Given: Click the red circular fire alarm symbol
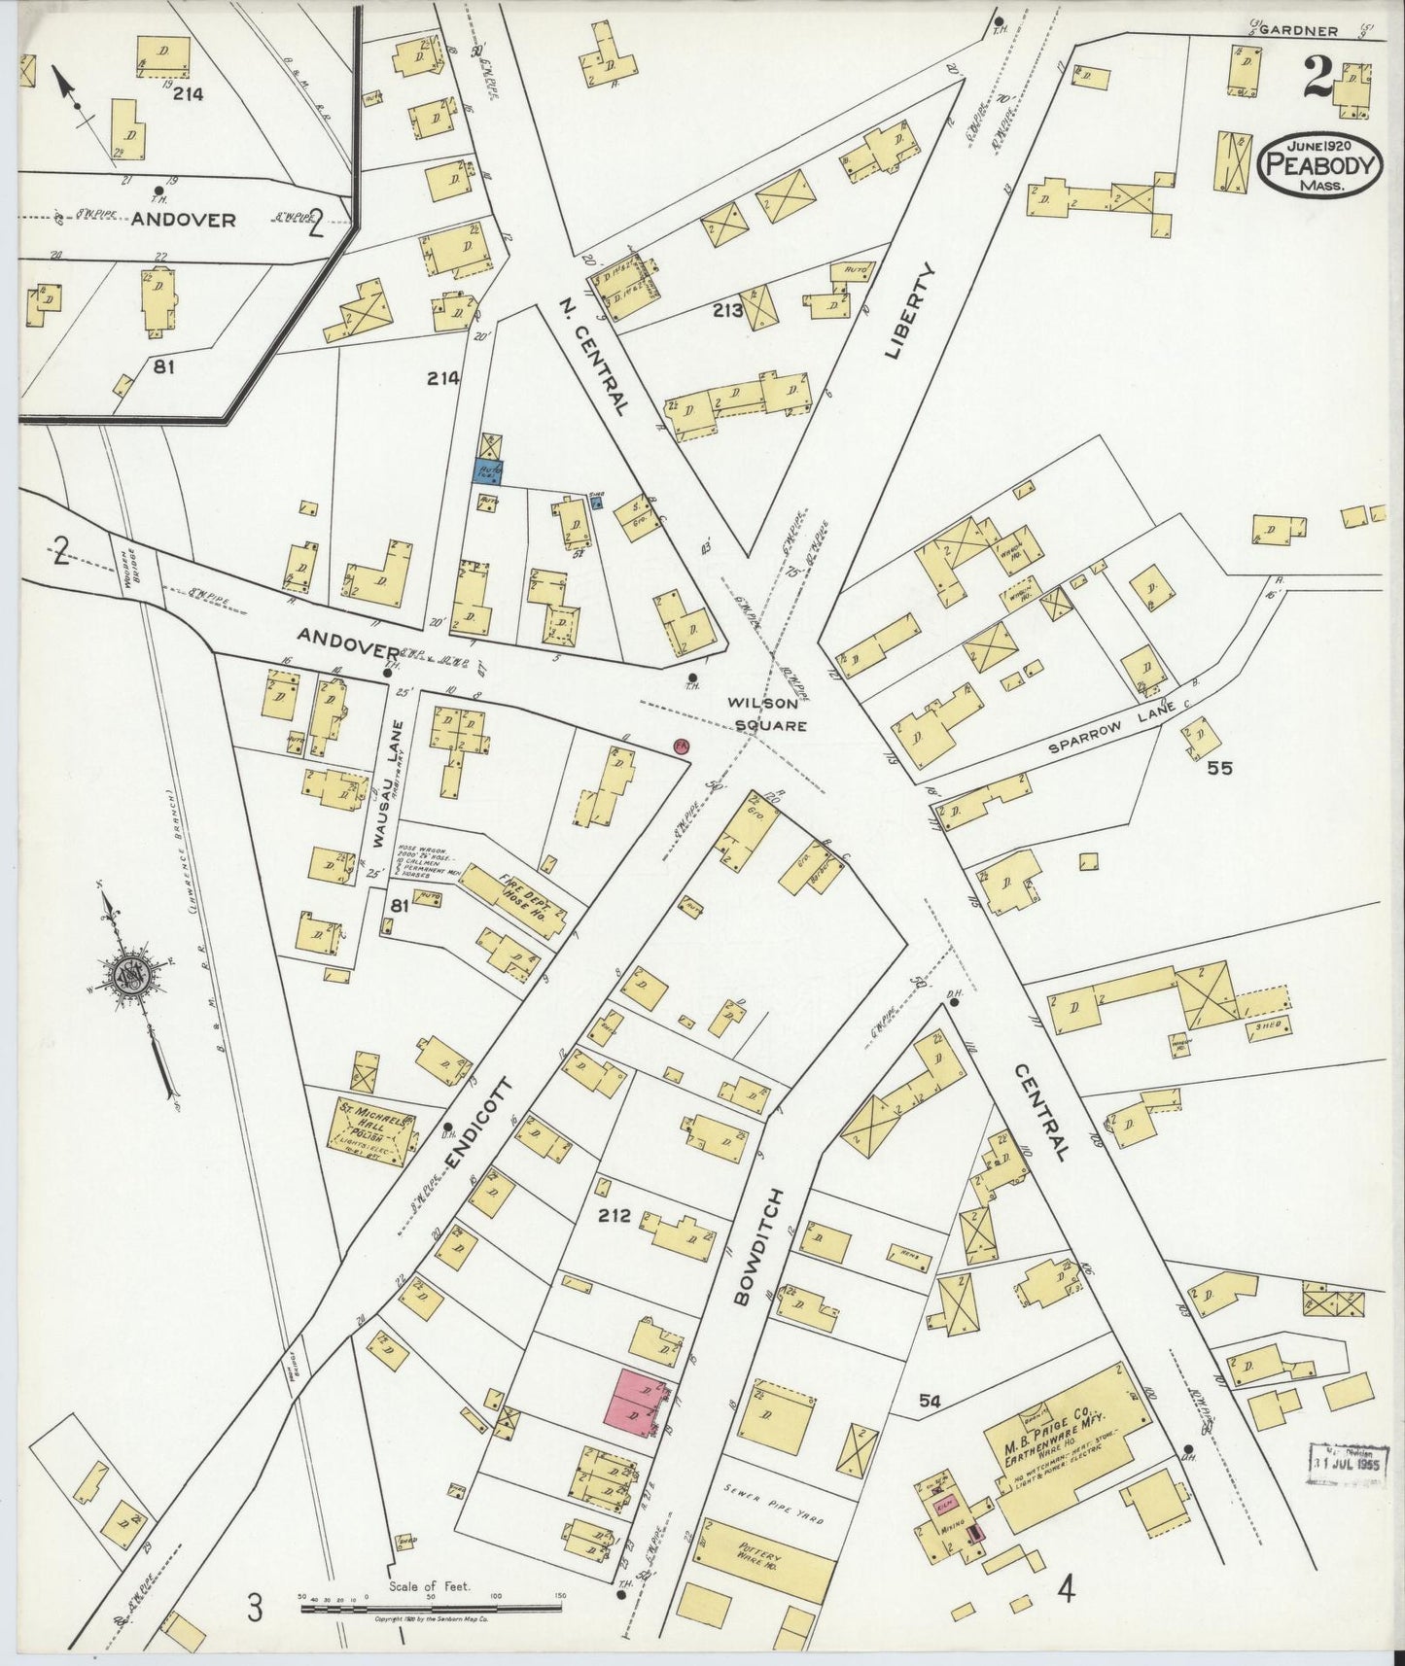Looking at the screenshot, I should [682, 746].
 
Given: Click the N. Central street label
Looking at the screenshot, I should [594, 356].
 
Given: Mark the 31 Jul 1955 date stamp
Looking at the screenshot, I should [1348, 1460].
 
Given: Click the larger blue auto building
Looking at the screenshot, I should [488, 471].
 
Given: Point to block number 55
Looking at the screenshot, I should [1219, 767].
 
